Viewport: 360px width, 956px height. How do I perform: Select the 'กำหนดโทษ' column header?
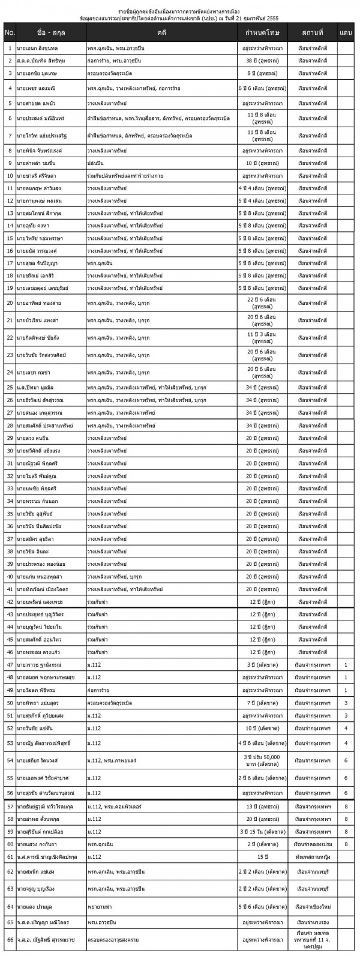(x=260, y=31)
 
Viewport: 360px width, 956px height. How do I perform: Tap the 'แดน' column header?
(x=346, y=31)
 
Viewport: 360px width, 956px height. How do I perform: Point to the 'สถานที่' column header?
(x=311, y=31)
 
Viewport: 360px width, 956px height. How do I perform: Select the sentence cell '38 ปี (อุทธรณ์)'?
(x=260, y=61)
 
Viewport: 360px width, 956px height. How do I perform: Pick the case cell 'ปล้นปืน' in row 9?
(x=95, y=162)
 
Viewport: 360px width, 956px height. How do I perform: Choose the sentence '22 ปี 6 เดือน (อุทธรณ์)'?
(x=260, y=302)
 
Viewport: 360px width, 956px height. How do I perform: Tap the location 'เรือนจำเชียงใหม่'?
(x=311, y=906)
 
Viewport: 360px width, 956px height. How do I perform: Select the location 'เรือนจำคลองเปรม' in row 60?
(x=311, y=844)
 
